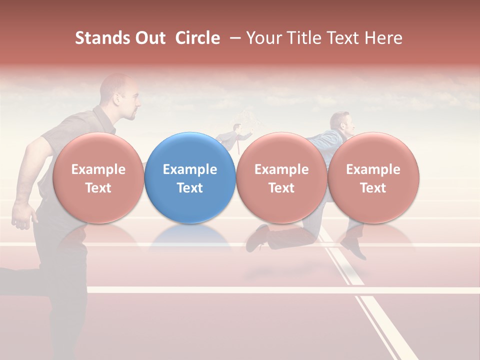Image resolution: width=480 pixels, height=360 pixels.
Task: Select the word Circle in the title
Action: click(197, 38)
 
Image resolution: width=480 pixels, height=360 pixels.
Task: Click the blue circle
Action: click(190, 177)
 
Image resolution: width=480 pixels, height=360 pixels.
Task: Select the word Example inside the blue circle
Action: click(190, 169)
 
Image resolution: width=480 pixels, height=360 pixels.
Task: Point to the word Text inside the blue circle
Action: click(190, 188)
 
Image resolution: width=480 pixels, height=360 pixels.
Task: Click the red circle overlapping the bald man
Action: click(98, 177)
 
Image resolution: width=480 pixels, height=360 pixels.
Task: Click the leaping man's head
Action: click(341, 122)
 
